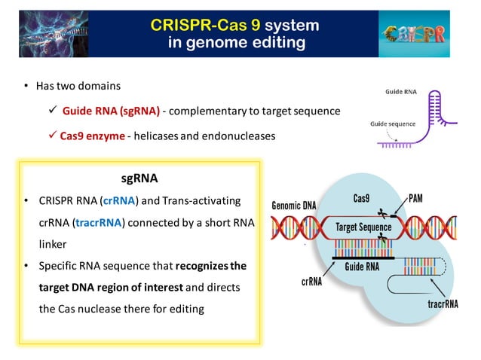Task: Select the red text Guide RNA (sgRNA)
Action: (111, 111)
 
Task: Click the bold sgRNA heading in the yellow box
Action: (139, 179)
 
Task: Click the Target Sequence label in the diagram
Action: (363, 226)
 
